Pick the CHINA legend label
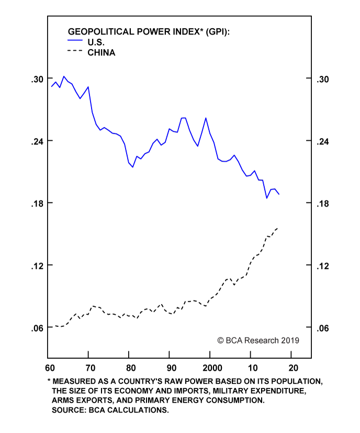tap(101, 52)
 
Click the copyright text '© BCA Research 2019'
tap(258, 340)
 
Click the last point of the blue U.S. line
tap(279, 195)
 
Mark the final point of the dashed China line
tap(277, 228)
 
